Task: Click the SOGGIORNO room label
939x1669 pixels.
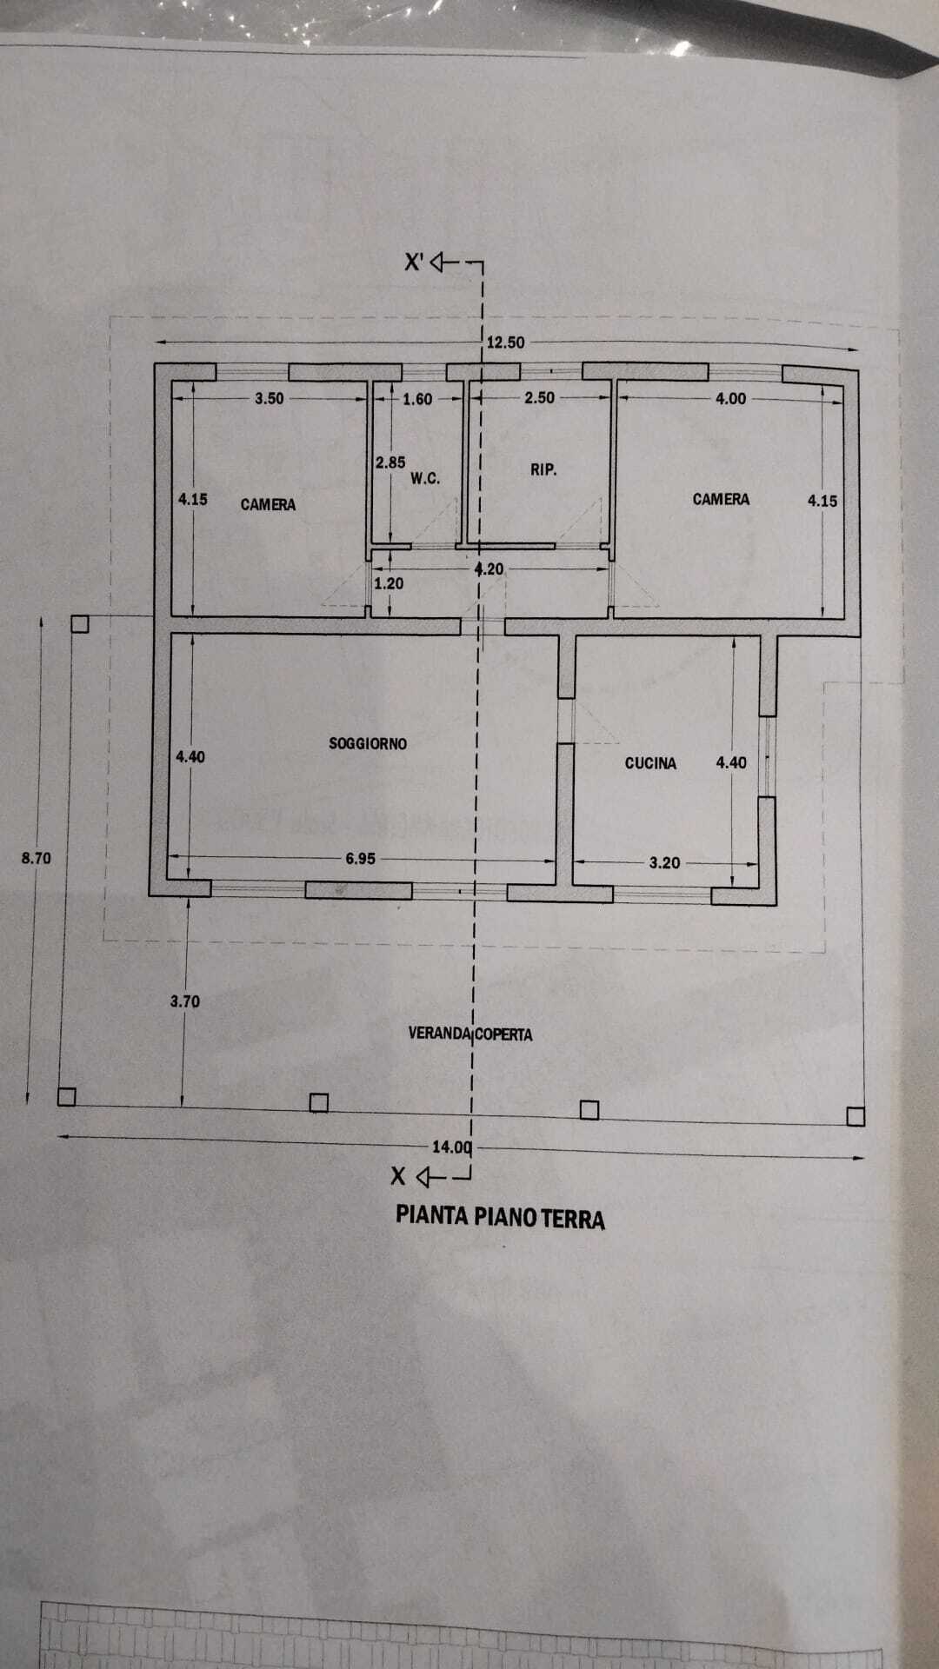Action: pos(368,743)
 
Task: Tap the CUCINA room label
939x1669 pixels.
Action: pos(650,763)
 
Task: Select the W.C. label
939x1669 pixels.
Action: pos(425,478)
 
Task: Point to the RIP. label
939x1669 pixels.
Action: pos(543,469)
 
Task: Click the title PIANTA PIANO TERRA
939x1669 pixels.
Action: pos(500,1216)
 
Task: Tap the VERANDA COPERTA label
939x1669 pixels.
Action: pos(470,1034)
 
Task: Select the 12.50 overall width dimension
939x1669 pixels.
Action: pos(505,342)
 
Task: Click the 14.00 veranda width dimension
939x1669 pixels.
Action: pos(452,1147)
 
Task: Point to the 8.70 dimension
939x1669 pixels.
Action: pos(37,858)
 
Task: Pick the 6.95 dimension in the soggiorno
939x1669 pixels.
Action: pos(361,859)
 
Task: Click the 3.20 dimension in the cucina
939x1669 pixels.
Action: pos(665,863)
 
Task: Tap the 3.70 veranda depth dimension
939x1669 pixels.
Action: pos(185,1001)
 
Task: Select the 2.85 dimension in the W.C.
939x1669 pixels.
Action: pos(390,463)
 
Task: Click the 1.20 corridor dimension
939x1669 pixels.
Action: pos(389,584)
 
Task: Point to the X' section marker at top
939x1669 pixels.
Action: pos(414,262)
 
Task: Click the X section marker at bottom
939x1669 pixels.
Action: pos(398,1176)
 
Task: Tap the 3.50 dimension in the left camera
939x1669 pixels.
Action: pos(270,399)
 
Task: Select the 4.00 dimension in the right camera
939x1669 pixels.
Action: pos(730,399)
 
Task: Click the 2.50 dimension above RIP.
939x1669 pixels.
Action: pos(539,398)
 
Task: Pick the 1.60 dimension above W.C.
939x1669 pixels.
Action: pos(417,400)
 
